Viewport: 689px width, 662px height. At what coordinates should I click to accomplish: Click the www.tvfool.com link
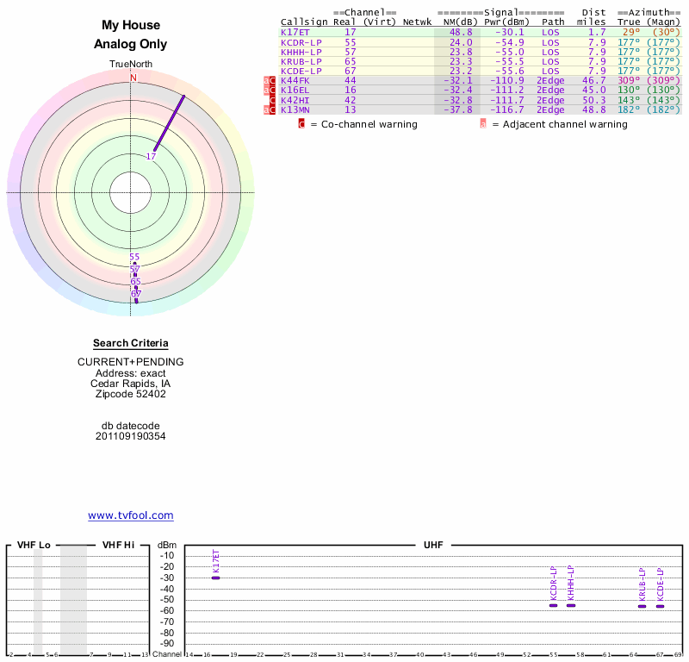pyautogui.click(x=131, y=515)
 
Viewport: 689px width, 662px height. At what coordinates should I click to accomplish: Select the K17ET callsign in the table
pyautogui.click(x=295, y=32)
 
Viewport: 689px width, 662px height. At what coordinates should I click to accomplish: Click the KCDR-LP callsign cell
pyautogui.click(x=301, y=42)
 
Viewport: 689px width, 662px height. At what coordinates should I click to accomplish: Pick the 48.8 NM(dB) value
pyautogui.click(x=461, y=32)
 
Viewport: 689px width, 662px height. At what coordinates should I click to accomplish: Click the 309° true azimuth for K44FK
pyautogui.click(x=630, y=81)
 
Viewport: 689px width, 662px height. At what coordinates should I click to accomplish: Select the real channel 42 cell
pyautogui.click(x=351, y=100)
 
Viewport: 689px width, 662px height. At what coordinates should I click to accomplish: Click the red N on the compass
pyautogui.click(x=133, y=78)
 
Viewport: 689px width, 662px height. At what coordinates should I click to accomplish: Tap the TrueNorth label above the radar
pyautogui.click(x=131, y=65)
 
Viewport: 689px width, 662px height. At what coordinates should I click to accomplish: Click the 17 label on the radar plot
pyautogui.click(x=151, y=157)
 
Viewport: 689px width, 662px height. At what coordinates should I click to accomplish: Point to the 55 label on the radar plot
pyautogui.click(x=134, y=257)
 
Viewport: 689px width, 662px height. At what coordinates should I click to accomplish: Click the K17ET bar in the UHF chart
pyautogui.click(x=215, y=578)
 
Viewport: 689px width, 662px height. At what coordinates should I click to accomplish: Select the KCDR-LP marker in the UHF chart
pyautogui.click(x=554, y=605)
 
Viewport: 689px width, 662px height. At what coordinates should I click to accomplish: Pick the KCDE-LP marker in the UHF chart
pyautogui.click(x=660, y=606)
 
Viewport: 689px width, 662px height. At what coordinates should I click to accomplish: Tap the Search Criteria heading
pyautogui.click(x=131, y=343)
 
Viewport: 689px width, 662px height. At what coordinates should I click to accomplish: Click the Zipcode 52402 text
pyautogui.click(x=131, y=394)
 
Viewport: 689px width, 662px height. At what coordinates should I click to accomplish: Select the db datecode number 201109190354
pyautogui.click(x=131, y=436)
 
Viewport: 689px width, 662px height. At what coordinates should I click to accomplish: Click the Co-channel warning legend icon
pyautogui.click(x=301, y=124)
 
